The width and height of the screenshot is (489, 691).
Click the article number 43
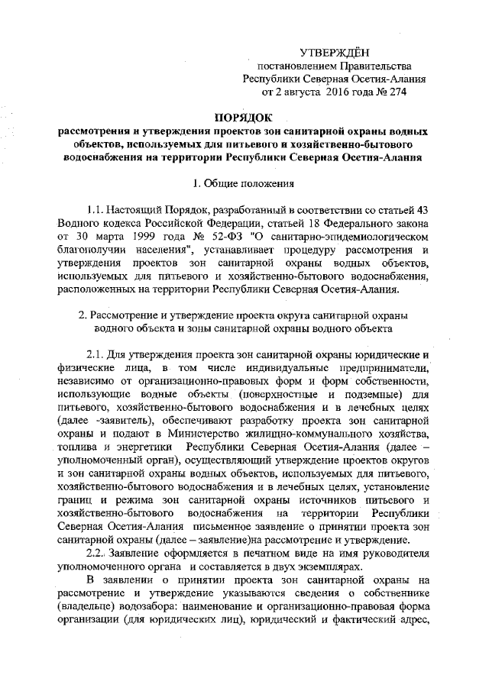tap(419, 208)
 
